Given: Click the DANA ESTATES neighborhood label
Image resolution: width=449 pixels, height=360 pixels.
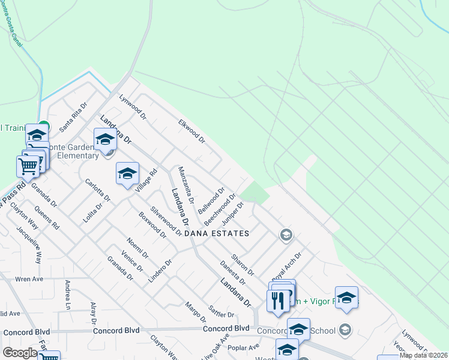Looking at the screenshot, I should pos(216,233).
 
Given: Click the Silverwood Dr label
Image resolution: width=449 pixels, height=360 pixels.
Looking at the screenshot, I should pos(166,221).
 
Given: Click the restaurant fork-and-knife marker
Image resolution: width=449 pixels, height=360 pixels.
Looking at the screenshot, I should pos(277,300).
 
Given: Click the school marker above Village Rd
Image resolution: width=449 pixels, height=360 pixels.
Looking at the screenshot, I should pos(127,173).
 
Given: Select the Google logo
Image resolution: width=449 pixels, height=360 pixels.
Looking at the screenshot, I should pos(19,353).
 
